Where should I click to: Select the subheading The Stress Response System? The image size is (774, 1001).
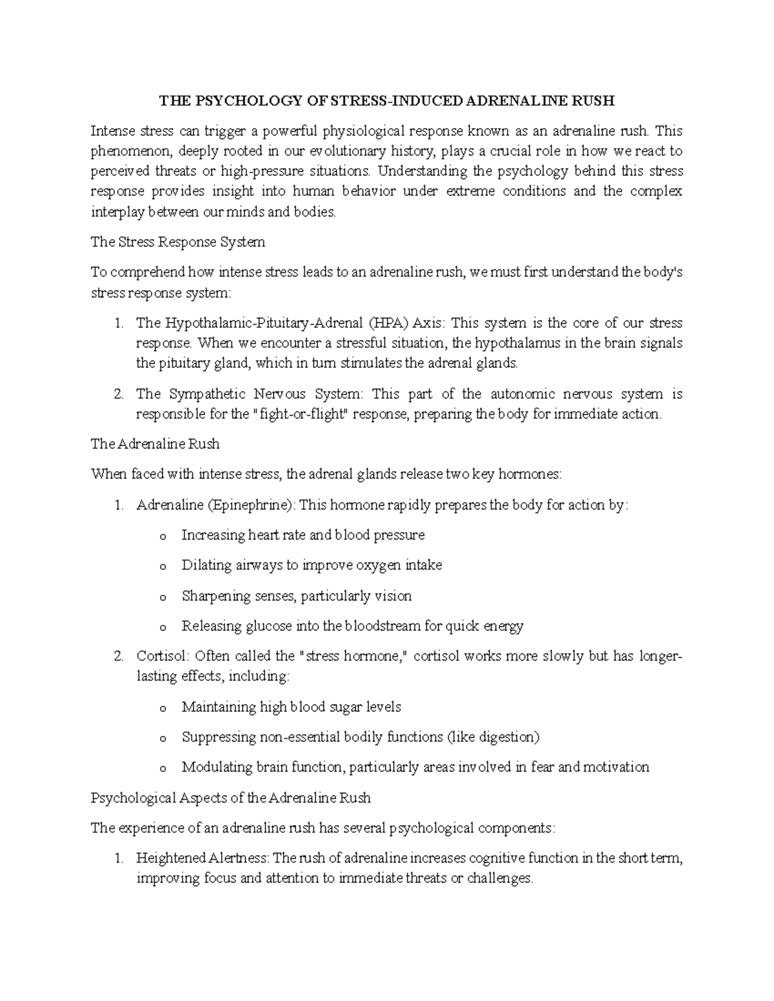pos(177,242)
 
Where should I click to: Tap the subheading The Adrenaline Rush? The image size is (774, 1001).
pos(155,443)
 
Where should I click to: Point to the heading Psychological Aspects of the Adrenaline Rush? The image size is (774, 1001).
pos(230,797)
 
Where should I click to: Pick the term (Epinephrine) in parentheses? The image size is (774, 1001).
pos(251,505)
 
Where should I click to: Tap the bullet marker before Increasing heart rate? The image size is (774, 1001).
pos(162,536)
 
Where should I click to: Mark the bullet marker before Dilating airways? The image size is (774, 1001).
pos(162,566)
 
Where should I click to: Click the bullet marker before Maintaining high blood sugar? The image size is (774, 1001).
pos(162,708)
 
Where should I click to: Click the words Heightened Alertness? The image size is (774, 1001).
pos(203,858)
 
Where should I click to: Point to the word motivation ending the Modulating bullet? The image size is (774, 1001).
pos(616,767)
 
